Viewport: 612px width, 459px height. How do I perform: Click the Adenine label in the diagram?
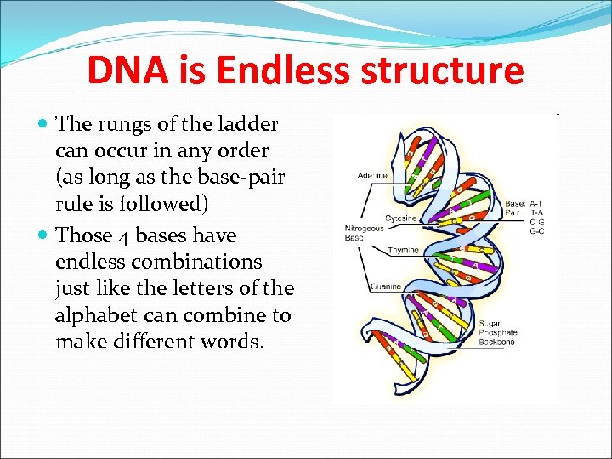coord(373,176)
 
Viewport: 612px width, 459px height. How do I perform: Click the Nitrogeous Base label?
coord(364,232)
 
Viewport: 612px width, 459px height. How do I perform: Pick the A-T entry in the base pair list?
coord(536,204)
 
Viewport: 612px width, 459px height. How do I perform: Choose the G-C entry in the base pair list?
coord(536,231)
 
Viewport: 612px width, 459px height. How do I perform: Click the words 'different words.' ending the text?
coord(203,342)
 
